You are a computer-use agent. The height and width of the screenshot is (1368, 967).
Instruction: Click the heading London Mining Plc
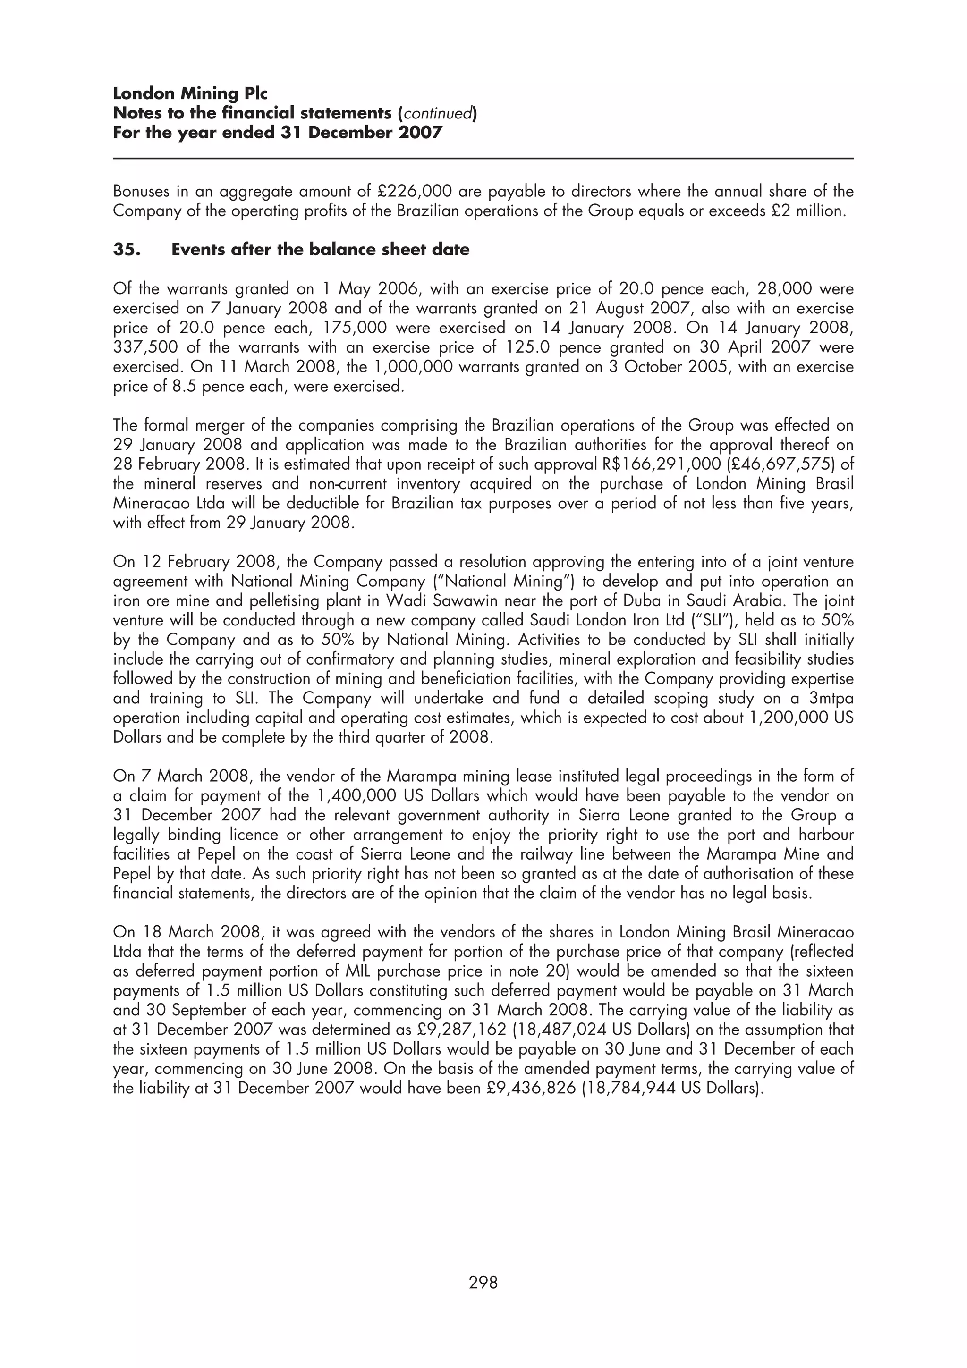(x=190, y=93)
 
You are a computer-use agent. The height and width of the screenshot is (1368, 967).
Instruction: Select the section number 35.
(x=127, y=250)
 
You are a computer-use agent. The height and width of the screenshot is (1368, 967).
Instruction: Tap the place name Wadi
(x=404, y=601)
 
